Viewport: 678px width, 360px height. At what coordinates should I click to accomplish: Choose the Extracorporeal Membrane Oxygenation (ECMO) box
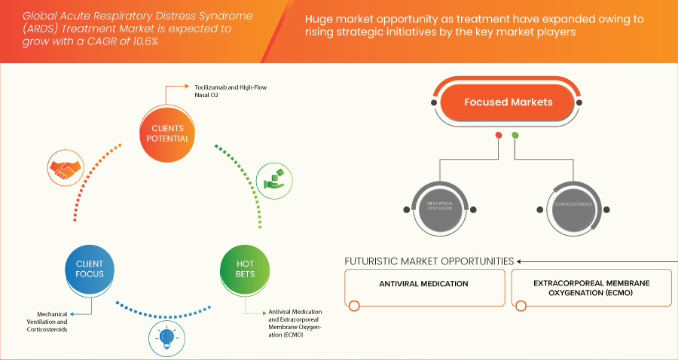(x=591, y=287)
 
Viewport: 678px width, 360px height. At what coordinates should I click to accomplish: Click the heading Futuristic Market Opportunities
(x=429, y=261)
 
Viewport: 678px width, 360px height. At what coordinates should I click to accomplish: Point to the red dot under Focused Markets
(x=498, y=136)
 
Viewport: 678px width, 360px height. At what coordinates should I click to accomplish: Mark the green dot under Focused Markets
(x=515, y=136)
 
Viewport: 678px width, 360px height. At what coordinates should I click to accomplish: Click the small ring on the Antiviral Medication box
(x=355, y=305)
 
